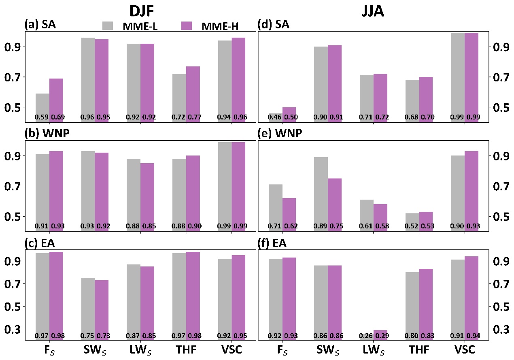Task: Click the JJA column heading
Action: (372, 11)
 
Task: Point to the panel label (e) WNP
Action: (280, 133)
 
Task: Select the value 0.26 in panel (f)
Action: (366, 336)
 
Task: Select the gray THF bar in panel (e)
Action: (412, 219)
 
